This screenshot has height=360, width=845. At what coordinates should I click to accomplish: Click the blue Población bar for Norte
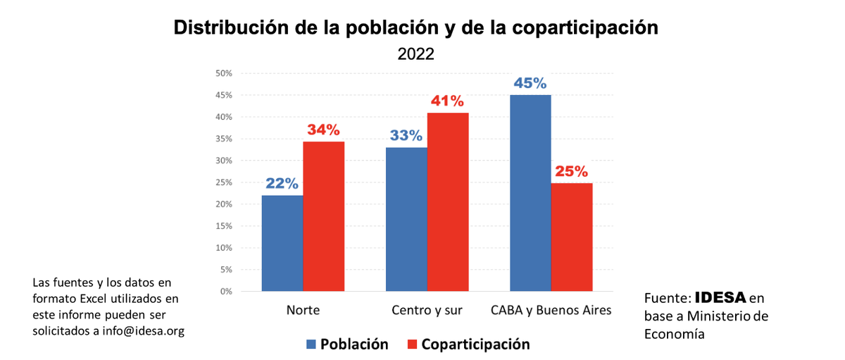(x=282, y=243)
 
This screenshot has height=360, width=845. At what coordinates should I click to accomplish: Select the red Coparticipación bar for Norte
(x=324, y=216)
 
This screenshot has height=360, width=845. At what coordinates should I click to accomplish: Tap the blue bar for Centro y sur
(x=406, y=219)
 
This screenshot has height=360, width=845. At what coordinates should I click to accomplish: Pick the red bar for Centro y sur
(x=448, y=201)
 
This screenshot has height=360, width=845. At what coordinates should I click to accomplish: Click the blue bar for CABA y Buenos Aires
(x=530, y=193)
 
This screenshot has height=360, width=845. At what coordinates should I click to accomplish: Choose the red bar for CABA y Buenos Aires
(x=572, y=237)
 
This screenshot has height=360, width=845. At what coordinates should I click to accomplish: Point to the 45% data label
(x=530, y=83)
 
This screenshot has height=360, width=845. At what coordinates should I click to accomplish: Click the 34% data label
(x=323, y=130)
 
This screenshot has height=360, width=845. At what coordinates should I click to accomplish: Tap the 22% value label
(x=282, y=183)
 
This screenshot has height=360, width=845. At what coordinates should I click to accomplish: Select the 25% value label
(x=571, y=171)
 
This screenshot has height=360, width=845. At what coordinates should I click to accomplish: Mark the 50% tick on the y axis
(x=224, y=73)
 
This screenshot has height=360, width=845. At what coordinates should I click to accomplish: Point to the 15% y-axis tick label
(x=224, y=226)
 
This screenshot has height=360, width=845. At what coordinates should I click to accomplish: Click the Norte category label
(x=303, y=310)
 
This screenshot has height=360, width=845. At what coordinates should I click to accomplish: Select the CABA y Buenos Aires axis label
(x=551, y=310)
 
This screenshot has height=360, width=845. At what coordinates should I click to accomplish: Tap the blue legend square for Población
(x=311, y=345)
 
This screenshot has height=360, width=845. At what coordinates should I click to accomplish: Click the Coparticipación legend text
(x=475, y=345)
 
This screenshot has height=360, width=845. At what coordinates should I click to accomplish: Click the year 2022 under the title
(x=415, y=54)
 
